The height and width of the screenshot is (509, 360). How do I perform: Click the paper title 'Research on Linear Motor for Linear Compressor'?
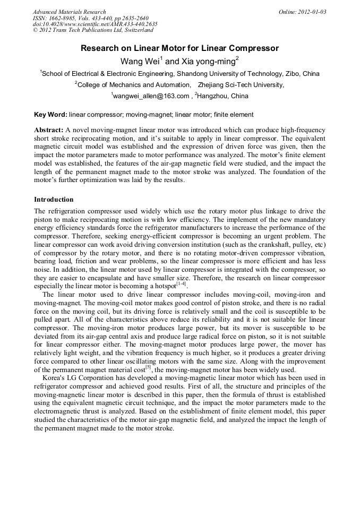point(179,48)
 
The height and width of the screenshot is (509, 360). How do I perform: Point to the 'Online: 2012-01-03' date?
point(302,12)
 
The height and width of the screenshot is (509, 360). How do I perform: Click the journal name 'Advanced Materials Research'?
point(69,12)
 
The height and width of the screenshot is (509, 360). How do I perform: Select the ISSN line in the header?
point(90,18)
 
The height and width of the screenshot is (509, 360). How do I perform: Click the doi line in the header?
point(95,24)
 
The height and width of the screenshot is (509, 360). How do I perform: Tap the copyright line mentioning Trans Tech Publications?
point(93,31)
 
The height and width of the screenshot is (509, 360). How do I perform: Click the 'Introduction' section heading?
point(54,200)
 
